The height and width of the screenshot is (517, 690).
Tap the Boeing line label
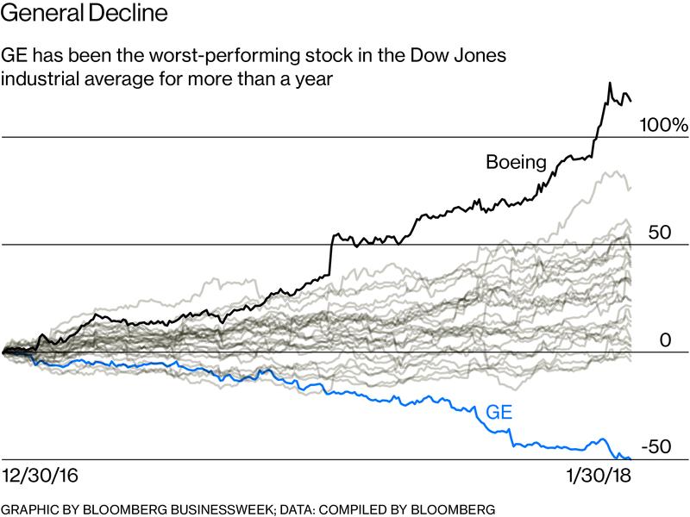tap(517, 161)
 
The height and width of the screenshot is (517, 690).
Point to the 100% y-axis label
tap(662, 126)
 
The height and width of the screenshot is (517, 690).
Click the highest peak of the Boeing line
tap(610, 84)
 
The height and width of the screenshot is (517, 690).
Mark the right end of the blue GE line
tap(631, 458)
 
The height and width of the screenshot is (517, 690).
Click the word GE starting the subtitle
tap(17, 54)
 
